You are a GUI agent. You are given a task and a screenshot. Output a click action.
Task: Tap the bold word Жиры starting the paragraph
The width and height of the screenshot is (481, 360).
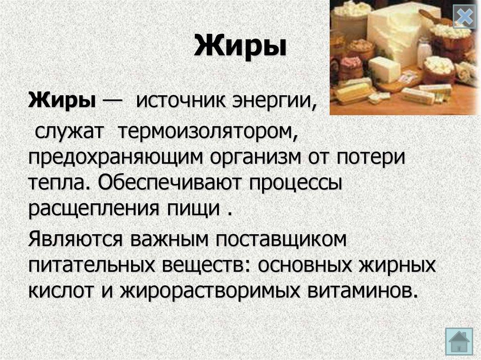click(x=62, y=100)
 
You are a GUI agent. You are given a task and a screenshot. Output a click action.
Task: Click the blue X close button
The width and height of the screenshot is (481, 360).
click(x=464, y=18)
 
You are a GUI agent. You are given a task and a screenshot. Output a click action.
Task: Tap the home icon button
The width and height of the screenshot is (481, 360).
click(x=458, y=342)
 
